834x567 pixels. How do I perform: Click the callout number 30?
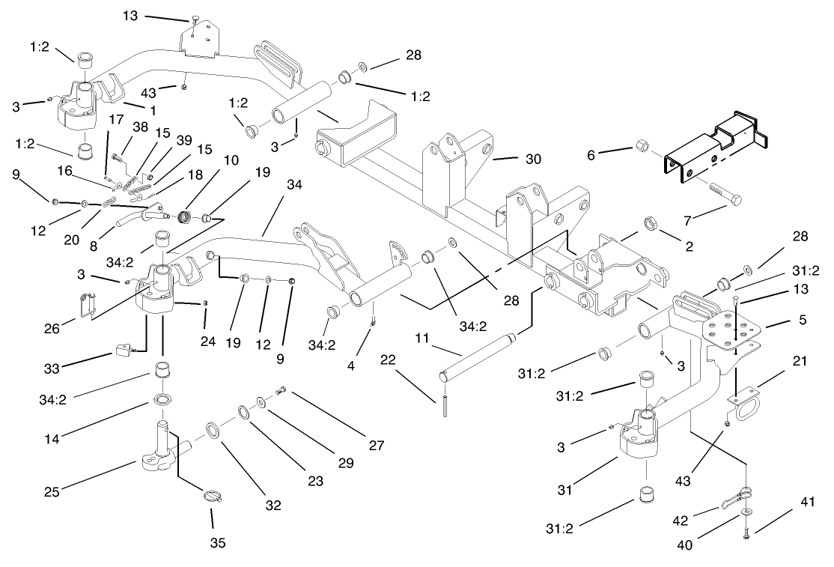[x=532, y=159]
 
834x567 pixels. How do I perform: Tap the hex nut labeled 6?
[x=642, y=145]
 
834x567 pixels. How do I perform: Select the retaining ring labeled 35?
[x=213, y=496]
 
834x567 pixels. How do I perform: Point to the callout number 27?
[x=376, y=446]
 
